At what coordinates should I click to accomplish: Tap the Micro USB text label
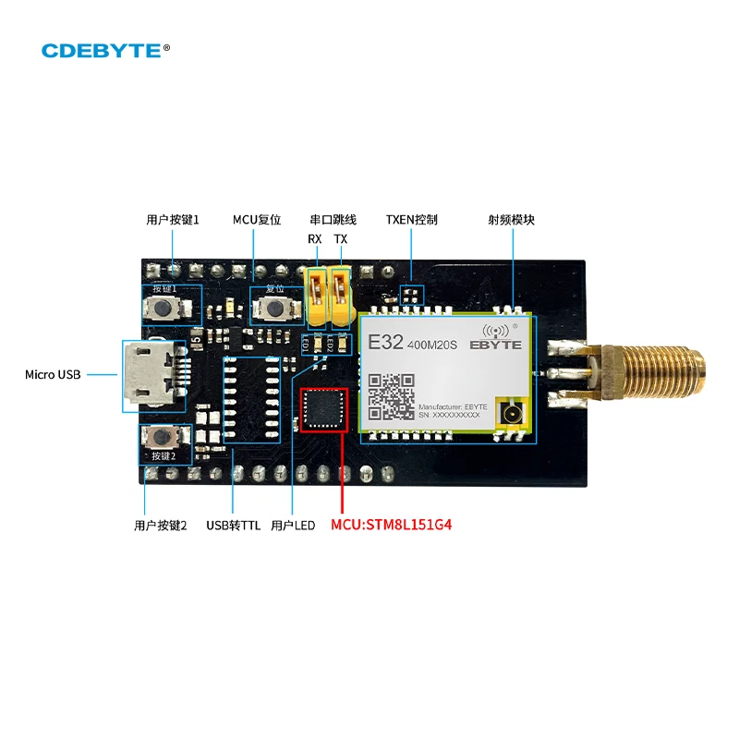coord(53,374)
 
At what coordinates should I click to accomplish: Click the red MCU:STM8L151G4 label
coord(397,525)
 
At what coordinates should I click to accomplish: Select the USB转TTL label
coord(233,525)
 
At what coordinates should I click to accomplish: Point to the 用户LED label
coord(293,525)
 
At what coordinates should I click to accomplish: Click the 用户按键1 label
coord(173,220)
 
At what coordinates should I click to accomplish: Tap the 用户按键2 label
coord(160,525)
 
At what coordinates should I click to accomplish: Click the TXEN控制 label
coord(411,220)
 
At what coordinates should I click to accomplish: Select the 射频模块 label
coord(511,220)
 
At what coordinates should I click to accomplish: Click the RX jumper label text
coord(315,239)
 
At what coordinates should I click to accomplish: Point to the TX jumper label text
coord(341,239)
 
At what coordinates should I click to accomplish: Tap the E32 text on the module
coord(385,342)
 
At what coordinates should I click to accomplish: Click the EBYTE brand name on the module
coord(495,345)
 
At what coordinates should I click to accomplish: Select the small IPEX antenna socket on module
coord(509,413)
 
